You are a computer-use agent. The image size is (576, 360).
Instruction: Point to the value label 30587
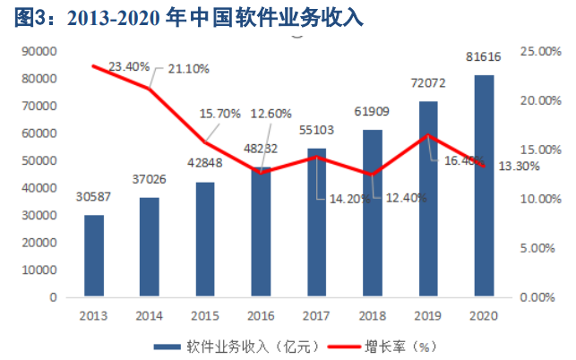coord(94,197)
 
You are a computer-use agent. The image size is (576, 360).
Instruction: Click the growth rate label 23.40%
coord(131,66)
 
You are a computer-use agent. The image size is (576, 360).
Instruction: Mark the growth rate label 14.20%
coord(349,199)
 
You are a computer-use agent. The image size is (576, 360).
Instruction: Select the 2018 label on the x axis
coord(372,314)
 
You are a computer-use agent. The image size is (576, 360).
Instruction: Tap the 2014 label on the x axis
coord(150,314)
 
